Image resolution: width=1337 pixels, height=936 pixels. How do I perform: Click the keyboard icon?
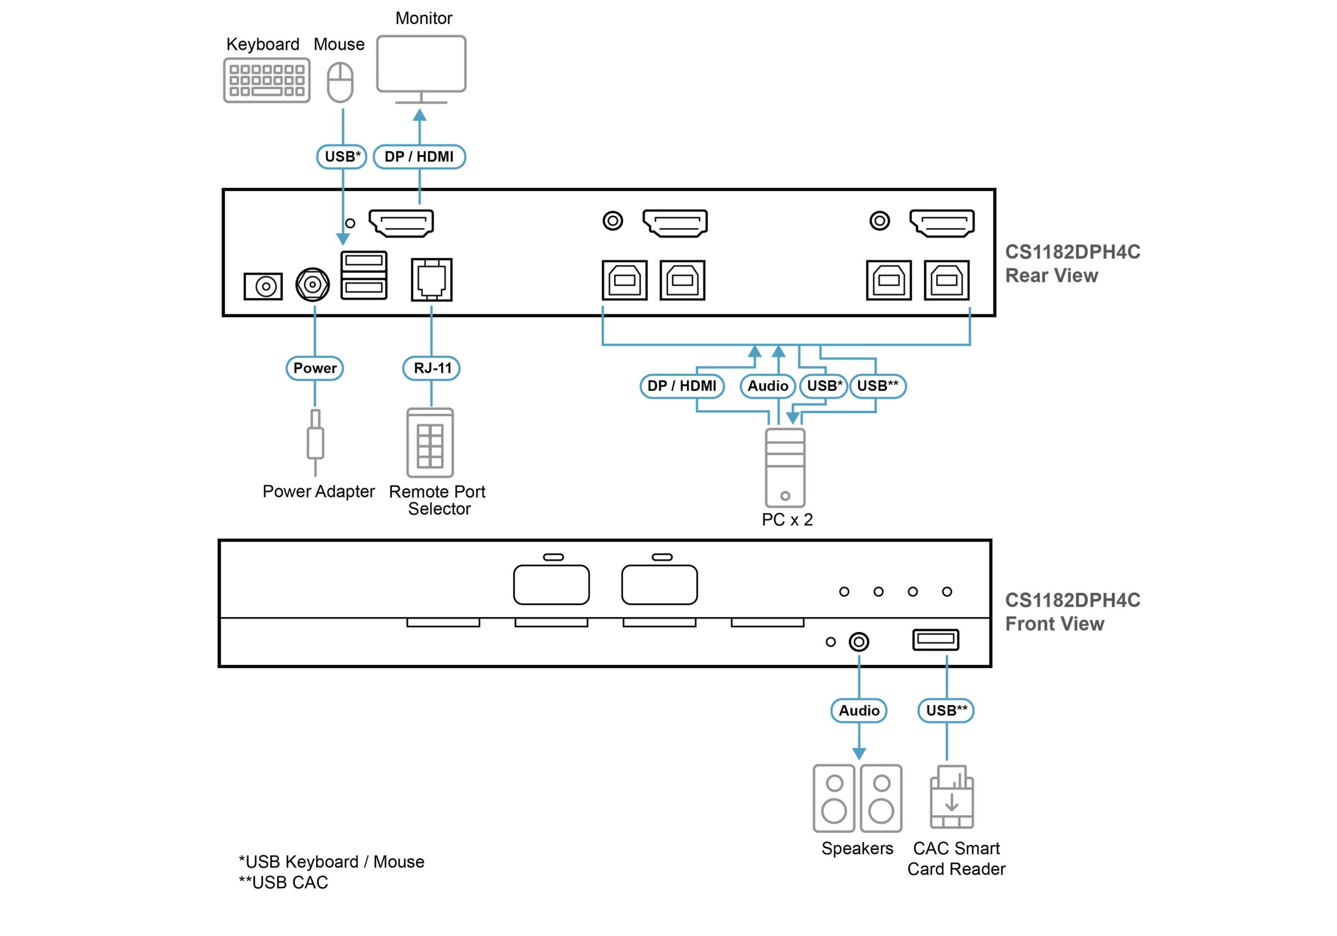click(x=267, y=80)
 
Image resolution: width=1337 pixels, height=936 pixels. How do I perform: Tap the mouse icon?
click(x=340, y=82)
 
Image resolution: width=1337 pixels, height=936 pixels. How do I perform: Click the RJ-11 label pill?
click(x=431, y=368)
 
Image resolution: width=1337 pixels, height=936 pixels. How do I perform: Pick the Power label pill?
click(x=314, y=368)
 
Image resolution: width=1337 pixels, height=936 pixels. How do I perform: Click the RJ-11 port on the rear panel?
click(x=431, y=279)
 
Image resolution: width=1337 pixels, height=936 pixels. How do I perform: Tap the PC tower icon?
click(x=785, y=467)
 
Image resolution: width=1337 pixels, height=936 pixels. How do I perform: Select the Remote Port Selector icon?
click(x=430, y=442)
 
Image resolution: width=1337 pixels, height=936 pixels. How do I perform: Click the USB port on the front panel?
click(x=935, y=639)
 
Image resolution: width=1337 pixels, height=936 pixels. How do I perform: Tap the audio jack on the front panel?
click(x=859, y=642)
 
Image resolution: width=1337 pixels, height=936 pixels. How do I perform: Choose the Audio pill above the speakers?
click(x=859, y=710)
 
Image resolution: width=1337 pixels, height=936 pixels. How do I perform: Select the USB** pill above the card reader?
click(x=946, y=710)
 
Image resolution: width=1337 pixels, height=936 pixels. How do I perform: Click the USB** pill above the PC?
click(x=877, y=386)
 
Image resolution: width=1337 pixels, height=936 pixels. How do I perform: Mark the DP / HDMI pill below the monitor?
click(x=419, y=157)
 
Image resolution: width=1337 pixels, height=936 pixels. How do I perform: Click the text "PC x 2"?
click(x=787, y=520)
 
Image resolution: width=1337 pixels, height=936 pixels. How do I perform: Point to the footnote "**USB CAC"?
click(x=284, y=882)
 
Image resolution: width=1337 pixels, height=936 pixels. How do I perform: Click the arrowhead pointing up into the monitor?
click(x=420, y=115)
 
